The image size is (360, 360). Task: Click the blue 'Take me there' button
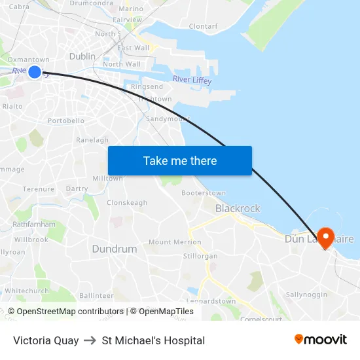(179, 160)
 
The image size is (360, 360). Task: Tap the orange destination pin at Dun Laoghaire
(325, 236)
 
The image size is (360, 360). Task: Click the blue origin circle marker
(35, 71)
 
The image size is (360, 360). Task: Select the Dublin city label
(82, 56)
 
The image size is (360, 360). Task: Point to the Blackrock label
(238, 209)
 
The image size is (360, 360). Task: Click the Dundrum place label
(115, 249)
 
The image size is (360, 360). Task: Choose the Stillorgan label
(200, 256)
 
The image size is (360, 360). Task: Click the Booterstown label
(204, 193)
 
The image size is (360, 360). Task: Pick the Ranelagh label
(92, 140)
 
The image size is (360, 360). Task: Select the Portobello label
(66, 121)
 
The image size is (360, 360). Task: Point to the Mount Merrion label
(175, 242)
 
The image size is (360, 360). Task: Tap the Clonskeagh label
(127, 203)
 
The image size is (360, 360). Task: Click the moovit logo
(320, 339)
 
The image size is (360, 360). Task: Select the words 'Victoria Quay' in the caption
(46, 340)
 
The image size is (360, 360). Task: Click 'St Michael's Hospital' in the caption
(153, 340)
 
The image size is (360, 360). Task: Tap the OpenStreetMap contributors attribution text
(65, 312)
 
